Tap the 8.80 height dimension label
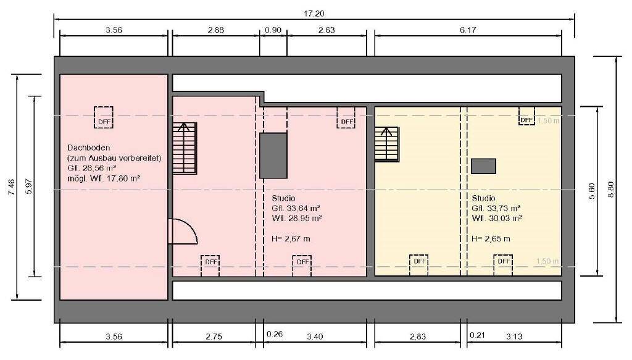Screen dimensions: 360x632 point(611,189)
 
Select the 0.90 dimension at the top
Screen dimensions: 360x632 point(272,30)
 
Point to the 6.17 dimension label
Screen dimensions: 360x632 point(468,30)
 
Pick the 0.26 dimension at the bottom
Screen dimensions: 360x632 point(274,334)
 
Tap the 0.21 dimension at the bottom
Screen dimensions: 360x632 point(476,334)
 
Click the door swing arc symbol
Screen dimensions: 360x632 point(183,232)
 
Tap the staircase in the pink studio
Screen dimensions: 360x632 point(184,148)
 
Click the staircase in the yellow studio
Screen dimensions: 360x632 point(387,143)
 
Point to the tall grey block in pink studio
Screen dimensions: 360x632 point(273,155)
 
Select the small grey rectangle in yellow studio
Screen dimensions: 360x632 point(483,165)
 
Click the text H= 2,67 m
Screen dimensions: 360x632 point(291,238)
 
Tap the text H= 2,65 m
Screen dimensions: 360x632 point(491,238)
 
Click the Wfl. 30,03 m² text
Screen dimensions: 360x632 point(497,218)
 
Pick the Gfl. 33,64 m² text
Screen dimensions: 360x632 point(296,208)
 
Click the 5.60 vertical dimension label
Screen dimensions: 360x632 point(591,191)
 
